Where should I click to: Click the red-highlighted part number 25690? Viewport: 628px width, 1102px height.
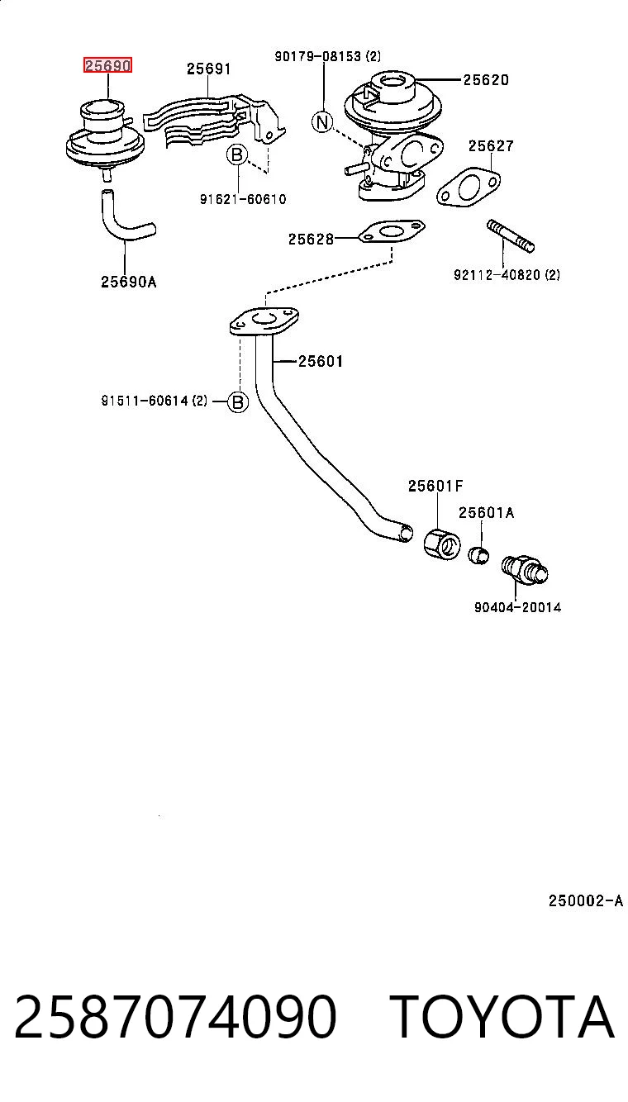107,65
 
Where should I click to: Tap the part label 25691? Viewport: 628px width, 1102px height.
209,69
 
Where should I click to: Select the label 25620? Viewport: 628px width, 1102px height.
486,79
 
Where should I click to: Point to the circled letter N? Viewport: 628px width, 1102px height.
322,121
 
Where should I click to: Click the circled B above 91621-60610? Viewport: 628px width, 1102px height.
237,155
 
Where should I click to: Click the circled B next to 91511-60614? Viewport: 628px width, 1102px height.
238,402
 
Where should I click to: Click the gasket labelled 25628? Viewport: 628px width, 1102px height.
392,231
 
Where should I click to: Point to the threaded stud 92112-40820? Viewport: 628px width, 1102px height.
511,236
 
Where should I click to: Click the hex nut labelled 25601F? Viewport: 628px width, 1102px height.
442,544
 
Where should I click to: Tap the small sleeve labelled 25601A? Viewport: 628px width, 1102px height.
478,555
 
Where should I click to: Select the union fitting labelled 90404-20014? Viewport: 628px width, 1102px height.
525,570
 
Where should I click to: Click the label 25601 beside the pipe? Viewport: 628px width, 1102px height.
321,362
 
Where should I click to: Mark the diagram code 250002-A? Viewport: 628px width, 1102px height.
586,900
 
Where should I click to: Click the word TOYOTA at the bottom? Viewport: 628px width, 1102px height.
503,1016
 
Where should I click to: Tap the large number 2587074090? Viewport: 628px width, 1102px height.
175,1016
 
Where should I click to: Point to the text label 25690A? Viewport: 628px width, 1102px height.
128,282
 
